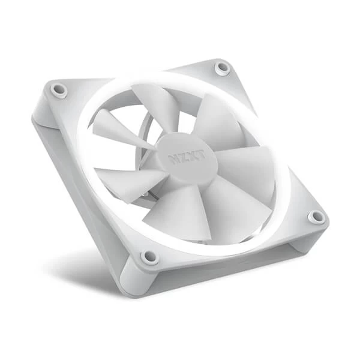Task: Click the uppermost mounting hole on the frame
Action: coord(223,67)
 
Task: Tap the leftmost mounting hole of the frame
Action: coord(59,89)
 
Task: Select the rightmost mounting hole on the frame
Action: coord(316,217)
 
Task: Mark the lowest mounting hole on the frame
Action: coord(148,257)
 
